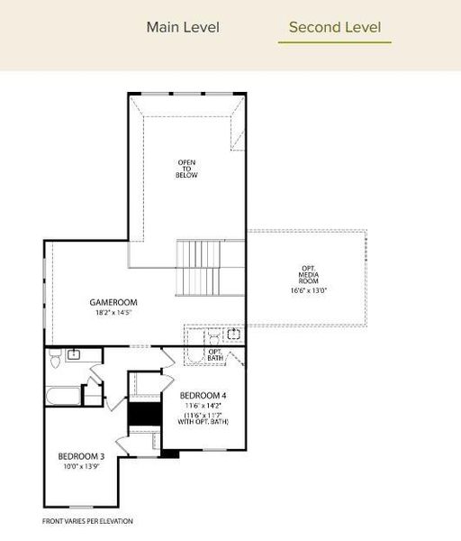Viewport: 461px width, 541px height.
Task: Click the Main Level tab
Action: click(183, 27)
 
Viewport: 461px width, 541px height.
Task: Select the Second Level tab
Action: click(334, 27)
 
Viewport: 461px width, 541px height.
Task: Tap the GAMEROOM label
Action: click(112, 302)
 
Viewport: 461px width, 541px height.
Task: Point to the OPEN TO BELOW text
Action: click(186, 169)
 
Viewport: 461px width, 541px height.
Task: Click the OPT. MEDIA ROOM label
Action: click(309, 274)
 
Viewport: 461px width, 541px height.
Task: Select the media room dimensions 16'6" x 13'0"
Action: click(309, 291)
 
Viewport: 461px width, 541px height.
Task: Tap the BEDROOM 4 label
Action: click(204, 396)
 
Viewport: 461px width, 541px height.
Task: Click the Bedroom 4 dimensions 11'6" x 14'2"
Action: click(204, 406)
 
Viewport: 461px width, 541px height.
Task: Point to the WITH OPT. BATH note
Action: click(204, 422)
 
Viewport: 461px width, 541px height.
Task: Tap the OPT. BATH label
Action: click(216, 356)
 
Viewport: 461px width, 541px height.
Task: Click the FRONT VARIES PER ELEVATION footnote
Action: click(87, 521)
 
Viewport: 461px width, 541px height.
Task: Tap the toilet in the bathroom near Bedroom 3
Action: click(54, 358)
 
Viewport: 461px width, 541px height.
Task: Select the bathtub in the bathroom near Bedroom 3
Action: click(63, 394)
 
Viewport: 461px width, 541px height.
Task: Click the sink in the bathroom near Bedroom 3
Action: click(74, 354)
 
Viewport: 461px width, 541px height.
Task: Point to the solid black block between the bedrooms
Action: click(142, 416)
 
